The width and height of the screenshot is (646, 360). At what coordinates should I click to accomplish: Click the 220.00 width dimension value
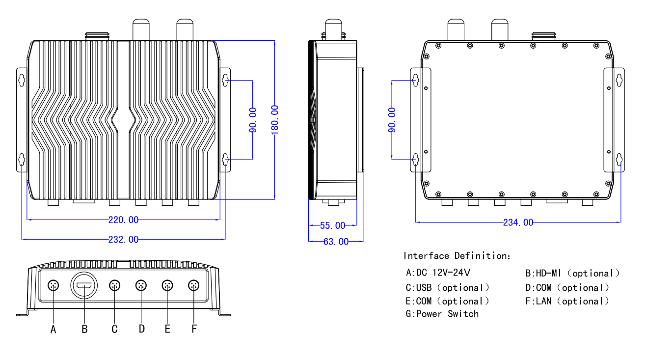[x=123, y=220]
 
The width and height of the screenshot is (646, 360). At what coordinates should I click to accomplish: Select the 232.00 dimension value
[x=123, y=239]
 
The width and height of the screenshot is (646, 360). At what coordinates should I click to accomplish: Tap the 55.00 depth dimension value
[x=332, y=225]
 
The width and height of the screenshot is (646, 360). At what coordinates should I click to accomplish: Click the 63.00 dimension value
[x=336, y=241]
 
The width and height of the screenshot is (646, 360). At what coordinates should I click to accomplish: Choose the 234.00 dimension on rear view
[x=518, y=222]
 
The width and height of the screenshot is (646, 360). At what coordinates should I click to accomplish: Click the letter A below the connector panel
[x=54, y=330]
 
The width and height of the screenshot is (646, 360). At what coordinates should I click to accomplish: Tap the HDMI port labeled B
[x=84, y=285]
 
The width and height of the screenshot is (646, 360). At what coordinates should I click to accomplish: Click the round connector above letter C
[x=114, y=285]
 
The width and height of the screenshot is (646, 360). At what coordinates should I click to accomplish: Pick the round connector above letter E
[x=167, y=285]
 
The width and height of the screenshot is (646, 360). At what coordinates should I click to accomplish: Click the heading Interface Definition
[x=457, y=255]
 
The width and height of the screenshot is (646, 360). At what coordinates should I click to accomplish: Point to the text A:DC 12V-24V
[x=441, y=273]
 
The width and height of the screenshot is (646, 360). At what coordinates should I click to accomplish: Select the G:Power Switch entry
[x=442, y=313]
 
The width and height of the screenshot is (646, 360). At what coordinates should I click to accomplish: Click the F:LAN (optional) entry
[x=567, y=301]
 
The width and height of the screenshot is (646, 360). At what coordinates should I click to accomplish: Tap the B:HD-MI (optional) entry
[x=572, y=273]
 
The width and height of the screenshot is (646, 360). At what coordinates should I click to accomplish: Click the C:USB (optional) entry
[x=447, y=287]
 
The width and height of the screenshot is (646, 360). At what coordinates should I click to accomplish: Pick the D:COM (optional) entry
[x=567, y=287]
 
